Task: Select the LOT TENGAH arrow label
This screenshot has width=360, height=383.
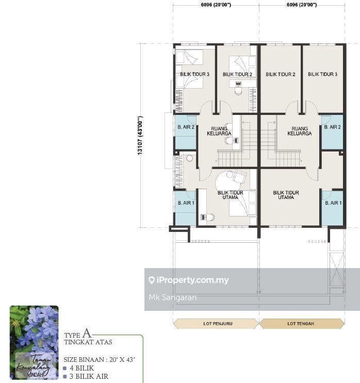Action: click(301, 324)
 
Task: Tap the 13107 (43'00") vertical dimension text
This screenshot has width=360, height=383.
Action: click(140, 136)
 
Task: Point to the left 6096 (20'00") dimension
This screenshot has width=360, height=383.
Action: click(216, 5)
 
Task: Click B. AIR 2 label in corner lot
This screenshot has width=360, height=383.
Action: click(186, 127)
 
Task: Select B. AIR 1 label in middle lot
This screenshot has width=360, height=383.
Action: click(333, 203)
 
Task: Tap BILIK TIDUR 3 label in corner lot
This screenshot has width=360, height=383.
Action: click(195, 74)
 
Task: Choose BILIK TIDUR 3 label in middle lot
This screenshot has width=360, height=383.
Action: click(322, 74)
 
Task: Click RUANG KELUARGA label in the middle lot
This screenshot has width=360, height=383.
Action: click(300, 131)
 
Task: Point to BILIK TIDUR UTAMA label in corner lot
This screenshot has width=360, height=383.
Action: click(230, 195)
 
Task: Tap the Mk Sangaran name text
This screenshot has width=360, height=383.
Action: click(173, 297)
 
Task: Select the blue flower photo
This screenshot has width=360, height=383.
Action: click(34, 342)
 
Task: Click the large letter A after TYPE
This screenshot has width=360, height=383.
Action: click(87, 332)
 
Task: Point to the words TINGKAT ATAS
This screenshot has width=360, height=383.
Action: click(88, 342)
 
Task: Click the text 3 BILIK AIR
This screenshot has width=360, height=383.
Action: click(89, 376)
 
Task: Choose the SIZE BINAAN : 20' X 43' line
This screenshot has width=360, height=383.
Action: click(99, 360)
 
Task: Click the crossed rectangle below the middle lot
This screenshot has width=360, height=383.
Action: click(337, 270)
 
